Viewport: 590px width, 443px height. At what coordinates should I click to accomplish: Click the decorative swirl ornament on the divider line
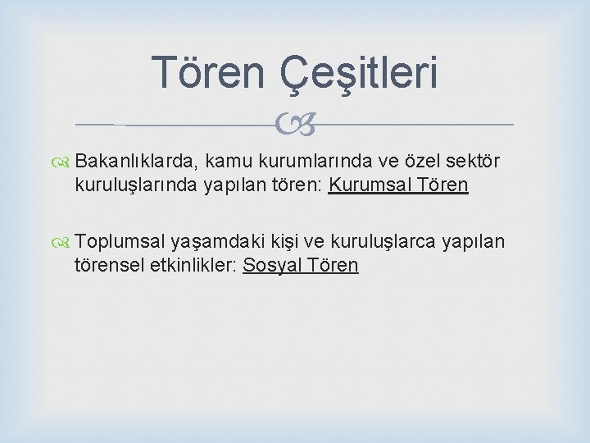click(x=295, y=125)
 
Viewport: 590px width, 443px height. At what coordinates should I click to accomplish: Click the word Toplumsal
click(x=120, y=243)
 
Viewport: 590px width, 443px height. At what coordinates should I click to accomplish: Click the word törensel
click(x=108, y=265)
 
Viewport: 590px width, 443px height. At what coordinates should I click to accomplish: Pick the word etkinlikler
click(x=192, y=265)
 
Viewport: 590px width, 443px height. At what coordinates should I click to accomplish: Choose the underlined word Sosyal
click(x=271, y=265)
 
